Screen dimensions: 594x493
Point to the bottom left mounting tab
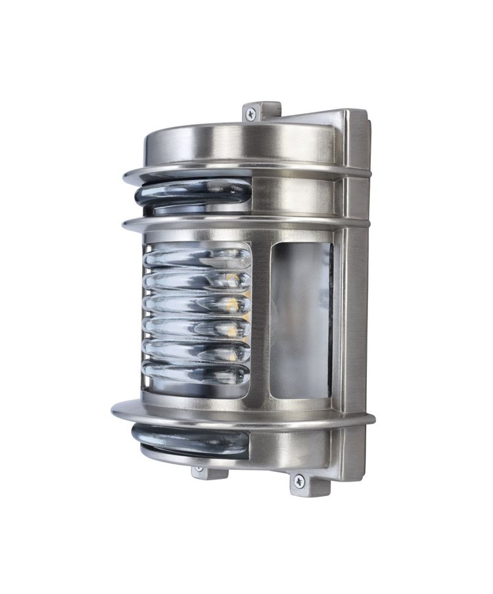pos(202,471)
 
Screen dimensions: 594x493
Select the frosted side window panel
pos(299,320)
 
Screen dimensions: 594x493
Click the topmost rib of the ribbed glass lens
pos(197,257)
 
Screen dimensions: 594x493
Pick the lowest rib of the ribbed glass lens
pos(197,373)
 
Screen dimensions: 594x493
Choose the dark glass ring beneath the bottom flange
pos(191,438)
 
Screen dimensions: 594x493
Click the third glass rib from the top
pos(197,304)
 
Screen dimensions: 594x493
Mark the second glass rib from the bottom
pos(197,350)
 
